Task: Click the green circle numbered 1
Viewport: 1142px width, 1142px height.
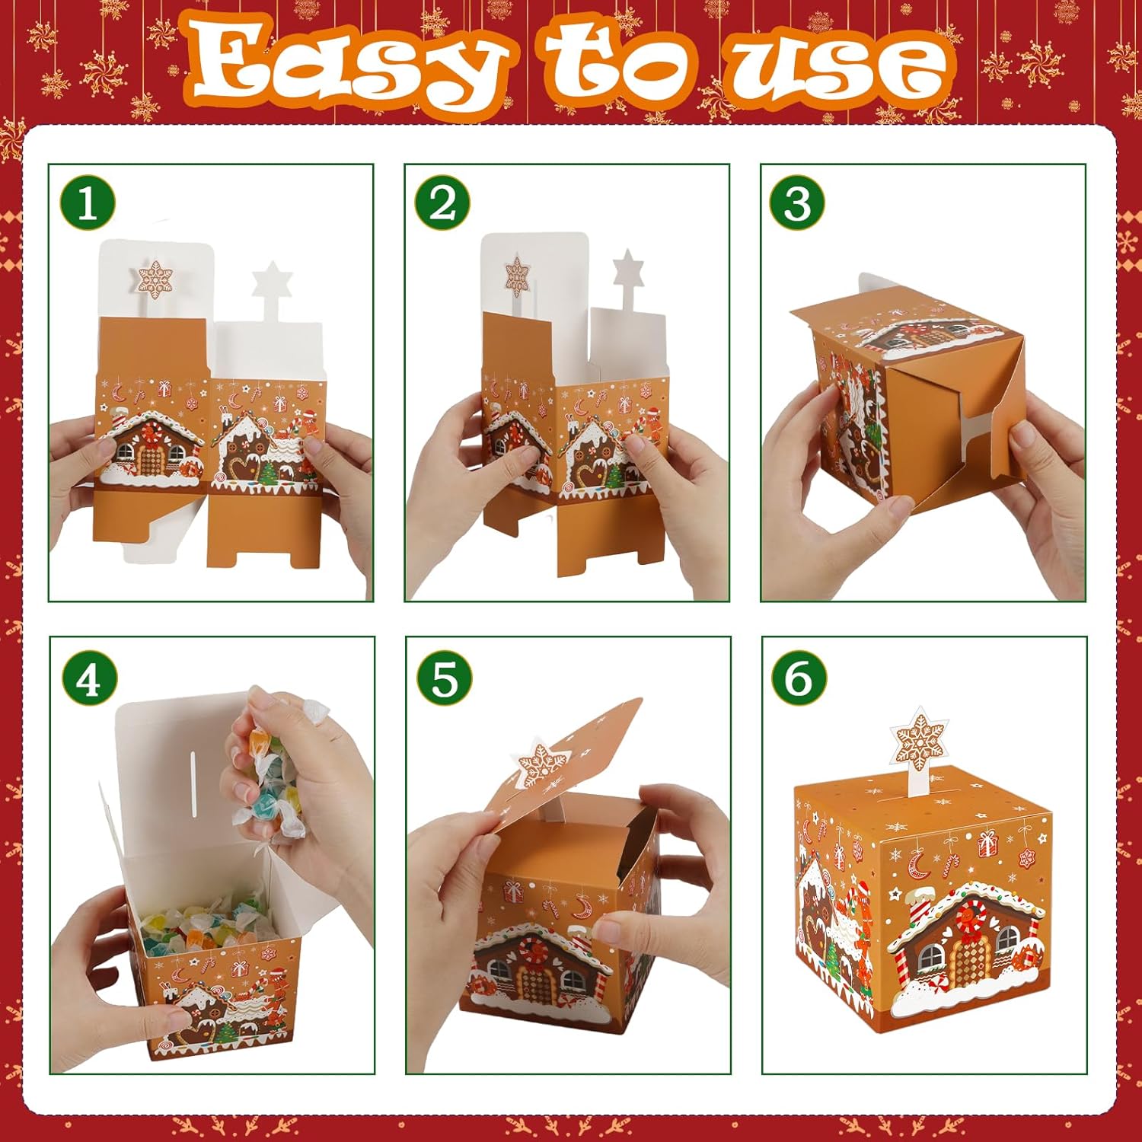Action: [x=87, y=203]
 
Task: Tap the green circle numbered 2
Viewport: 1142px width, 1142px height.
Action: [x=442, y=203]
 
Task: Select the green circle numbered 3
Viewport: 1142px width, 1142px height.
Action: [x=797, y=203]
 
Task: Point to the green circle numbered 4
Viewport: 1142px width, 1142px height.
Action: [x=88, y=677]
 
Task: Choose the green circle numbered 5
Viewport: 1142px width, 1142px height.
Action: [x=445, y=677]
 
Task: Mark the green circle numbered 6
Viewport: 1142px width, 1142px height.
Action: [x=799, y=677]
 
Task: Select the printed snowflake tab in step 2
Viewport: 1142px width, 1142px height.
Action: [x=517, y=276]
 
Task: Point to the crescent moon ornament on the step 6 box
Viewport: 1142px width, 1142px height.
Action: [x=916, y=863]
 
